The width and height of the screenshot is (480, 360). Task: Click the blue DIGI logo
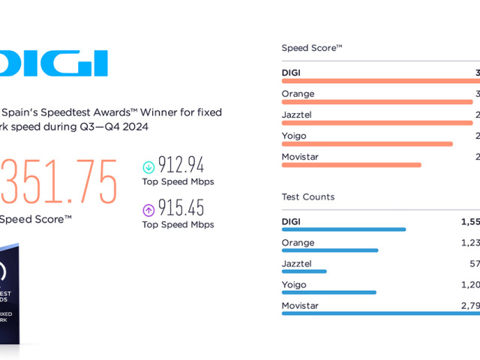point(56,64)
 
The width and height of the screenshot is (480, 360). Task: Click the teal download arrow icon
point(148,166)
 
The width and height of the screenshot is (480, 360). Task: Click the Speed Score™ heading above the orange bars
point(312,48)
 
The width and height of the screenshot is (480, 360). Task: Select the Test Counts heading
point(308,196)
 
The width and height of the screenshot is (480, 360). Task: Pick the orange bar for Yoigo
point(367,143)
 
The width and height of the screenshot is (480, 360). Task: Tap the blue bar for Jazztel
point(304,271)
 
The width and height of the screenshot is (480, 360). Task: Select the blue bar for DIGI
point(343,229)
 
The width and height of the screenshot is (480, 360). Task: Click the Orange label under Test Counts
point(298,243)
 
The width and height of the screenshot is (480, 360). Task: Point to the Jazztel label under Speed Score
point(297,115)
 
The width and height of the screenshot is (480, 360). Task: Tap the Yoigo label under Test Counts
point(294,285)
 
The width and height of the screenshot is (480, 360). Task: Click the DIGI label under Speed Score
point(291,73)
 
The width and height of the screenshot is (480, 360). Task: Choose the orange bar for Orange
point(377,101)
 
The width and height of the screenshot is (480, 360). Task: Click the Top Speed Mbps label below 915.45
point(178,224)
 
